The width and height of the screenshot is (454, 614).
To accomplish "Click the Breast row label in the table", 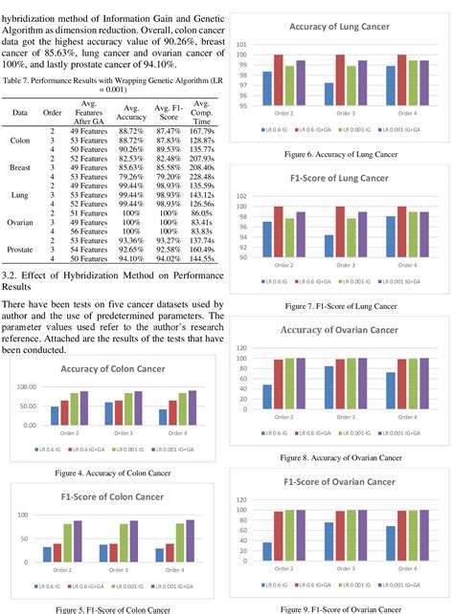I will [x=19, y=178].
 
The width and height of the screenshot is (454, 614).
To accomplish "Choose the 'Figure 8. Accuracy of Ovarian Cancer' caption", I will [x=341, y=458].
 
